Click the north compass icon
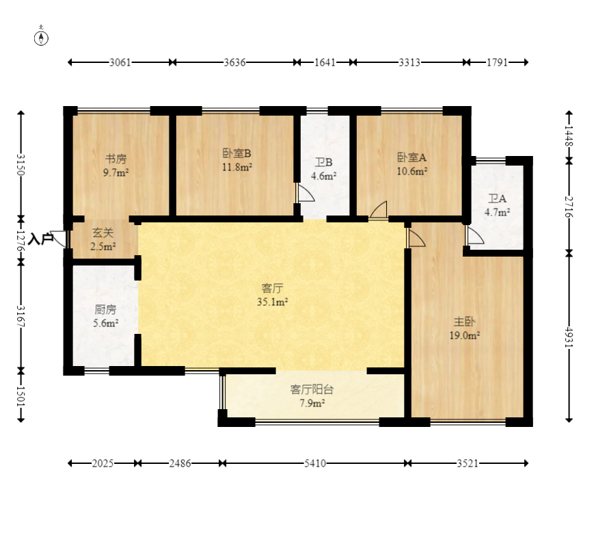click(x=41, y=38)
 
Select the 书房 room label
click(x=116, y=159)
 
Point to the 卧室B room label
click(x=236, y=154)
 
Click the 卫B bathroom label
click(x=323, y=163)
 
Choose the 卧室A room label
click(x=412, y=157)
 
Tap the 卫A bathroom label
click(x=497, y=198)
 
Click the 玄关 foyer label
click(x=103, y=233)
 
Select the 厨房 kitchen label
click(x=105, y=310)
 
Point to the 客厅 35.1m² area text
click(x=272, y=302)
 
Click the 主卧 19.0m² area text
click(x=465, y=335)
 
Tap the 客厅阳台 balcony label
click(x=312, y=389)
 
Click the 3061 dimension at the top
click(x=120, y=62)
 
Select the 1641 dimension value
click(x=325, y=62)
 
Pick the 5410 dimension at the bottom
click(x=315, y=463)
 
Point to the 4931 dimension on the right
click(x=569, y=337)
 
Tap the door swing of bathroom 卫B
click(x=306, y=193)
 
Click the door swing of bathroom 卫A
click(x=475, y=236)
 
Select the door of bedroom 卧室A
click(x=378, y=210)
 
